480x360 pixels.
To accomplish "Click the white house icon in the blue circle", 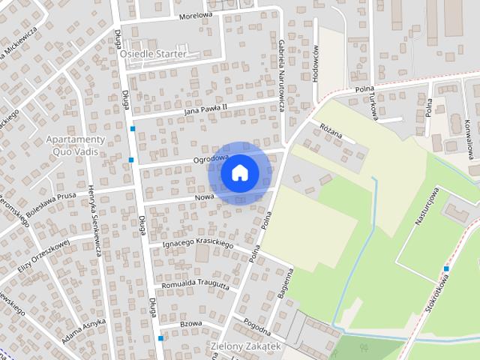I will (239, 172).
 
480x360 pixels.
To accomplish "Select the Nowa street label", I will (204, 196).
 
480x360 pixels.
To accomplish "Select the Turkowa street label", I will (370, 104).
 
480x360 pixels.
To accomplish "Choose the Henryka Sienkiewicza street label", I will (94, 220).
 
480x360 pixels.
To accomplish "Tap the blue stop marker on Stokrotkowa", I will (446, 268).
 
